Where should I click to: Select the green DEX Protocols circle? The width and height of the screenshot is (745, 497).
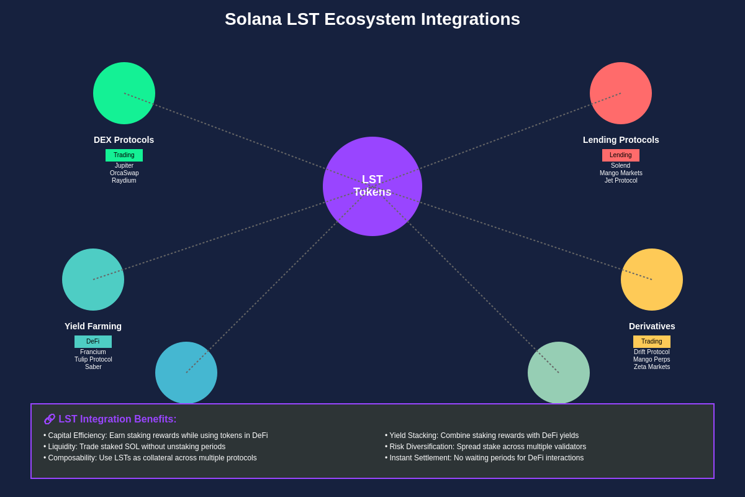coord(124,93)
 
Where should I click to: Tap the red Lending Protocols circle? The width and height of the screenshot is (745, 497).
coord(621,93)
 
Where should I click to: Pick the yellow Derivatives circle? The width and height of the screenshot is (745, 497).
coord(652,280)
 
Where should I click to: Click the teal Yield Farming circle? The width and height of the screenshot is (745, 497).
coord(93,280)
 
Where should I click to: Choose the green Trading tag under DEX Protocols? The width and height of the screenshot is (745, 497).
coord(124,155)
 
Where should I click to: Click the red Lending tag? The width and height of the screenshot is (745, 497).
coord(621,155)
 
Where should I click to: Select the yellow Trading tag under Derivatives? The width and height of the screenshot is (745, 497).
coord(652,342)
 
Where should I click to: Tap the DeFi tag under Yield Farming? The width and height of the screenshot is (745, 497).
coord(93,342)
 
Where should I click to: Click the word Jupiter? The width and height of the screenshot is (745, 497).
coord(124,166)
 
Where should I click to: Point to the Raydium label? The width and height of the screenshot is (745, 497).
coord(124,181)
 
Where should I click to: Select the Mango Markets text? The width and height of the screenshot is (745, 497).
coord(621,173)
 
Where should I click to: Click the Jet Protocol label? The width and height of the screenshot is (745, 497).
coord(621,181)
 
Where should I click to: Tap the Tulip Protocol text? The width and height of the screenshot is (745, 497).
coord(93,360)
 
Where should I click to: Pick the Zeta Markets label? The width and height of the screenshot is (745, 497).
coord(652,367)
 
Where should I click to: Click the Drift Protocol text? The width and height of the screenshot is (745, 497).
coord(652,352)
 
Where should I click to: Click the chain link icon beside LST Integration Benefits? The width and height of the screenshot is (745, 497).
coord(50,419)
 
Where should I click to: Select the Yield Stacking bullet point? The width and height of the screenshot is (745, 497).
coord(482,435)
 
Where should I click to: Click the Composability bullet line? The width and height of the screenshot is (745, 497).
coord(150,458)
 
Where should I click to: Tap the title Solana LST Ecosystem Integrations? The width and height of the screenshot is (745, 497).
coord(372,19)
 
